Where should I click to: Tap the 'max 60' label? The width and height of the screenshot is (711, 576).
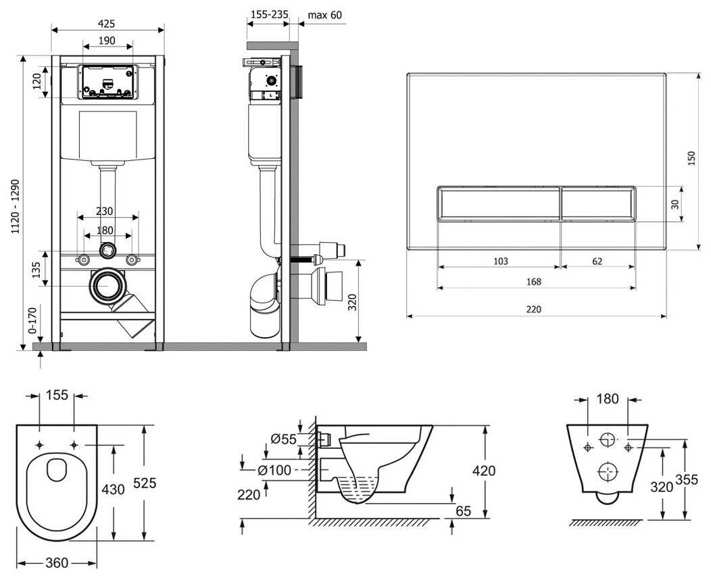[324, 15]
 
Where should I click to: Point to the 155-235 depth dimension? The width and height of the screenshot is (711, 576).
[268, 15]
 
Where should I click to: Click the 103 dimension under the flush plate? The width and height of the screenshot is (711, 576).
[500, 261]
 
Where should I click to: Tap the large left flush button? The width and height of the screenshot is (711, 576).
[498, 203]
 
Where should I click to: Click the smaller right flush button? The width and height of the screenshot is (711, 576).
[598, 203]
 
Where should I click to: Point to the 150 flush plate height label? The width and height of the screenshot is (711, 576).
[691, 158]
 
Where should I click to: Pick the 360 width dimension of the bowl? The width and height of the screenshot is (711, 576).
[56, 562]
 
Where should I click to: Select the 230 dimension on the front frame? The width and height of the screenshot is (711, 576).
[104, 211]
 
